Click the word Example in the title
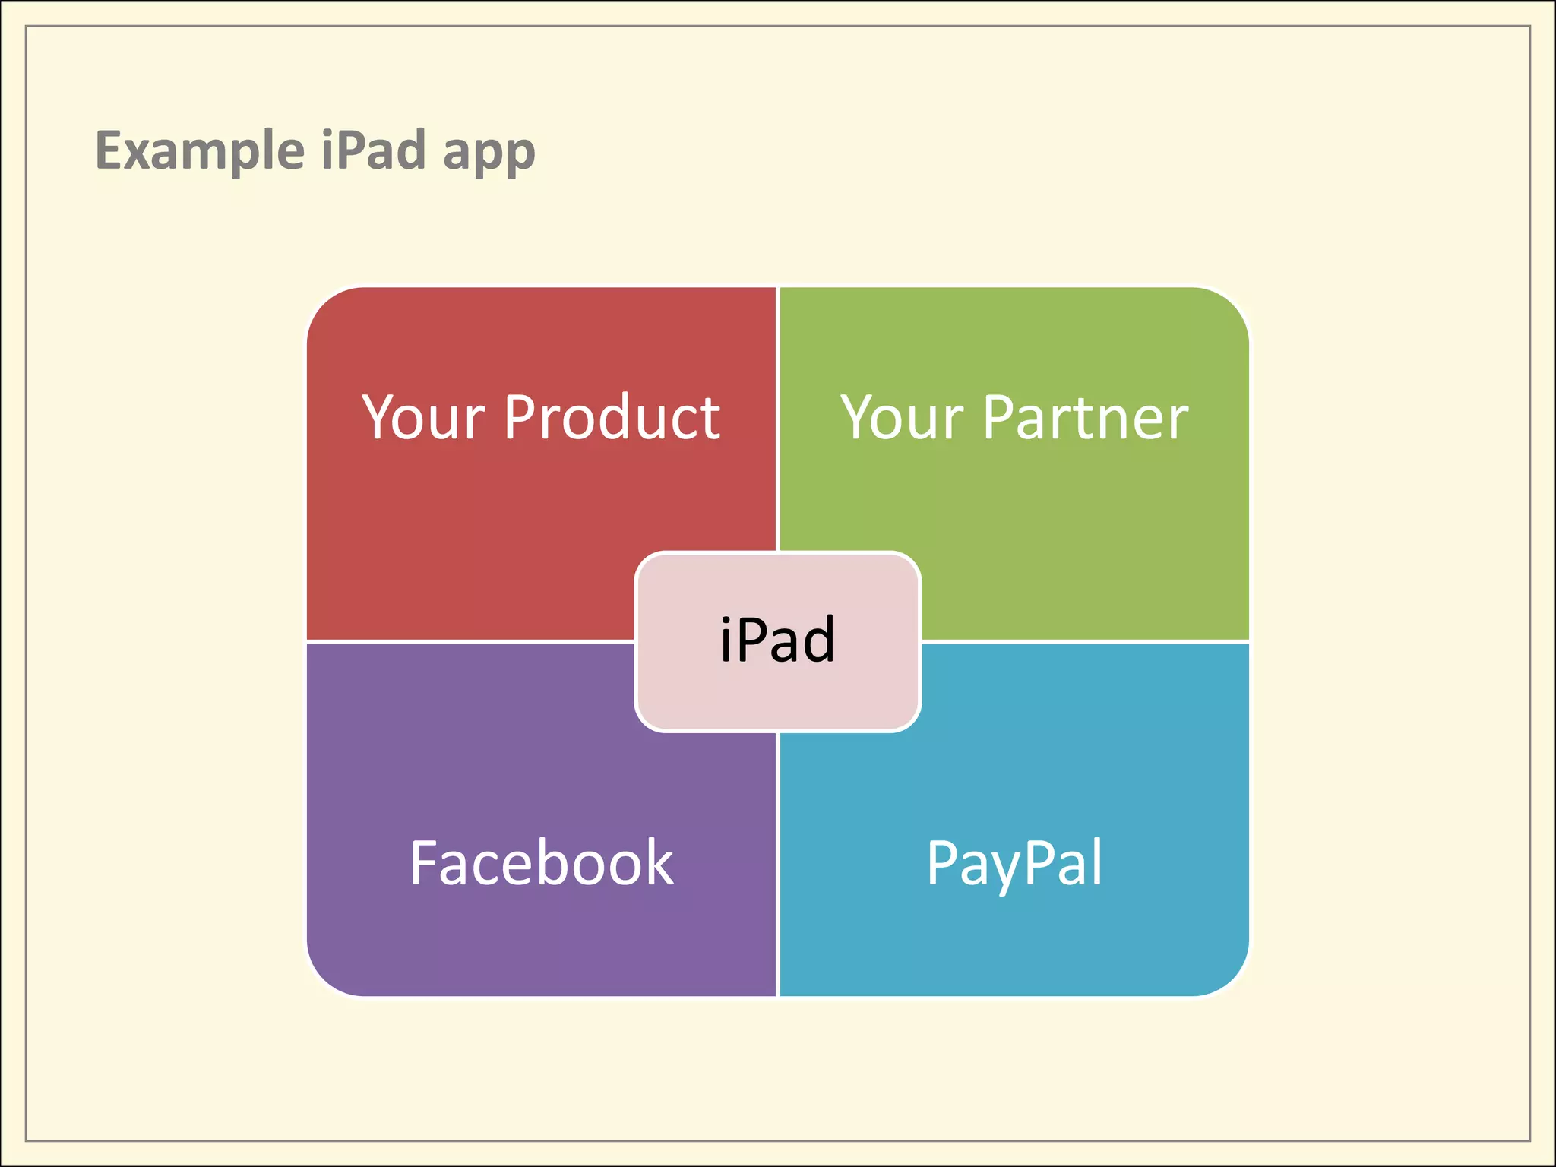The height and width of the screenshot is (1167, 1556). [200, 150]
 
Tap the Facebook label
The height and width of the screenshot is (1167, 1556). [541, 863]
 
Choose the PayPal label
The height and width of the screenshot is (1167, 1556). [1014, 863]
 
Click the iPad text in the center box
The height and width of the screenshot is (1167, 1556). [777, 640]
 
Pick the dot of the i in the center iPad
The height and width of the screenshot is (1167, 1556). [726, 619]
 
